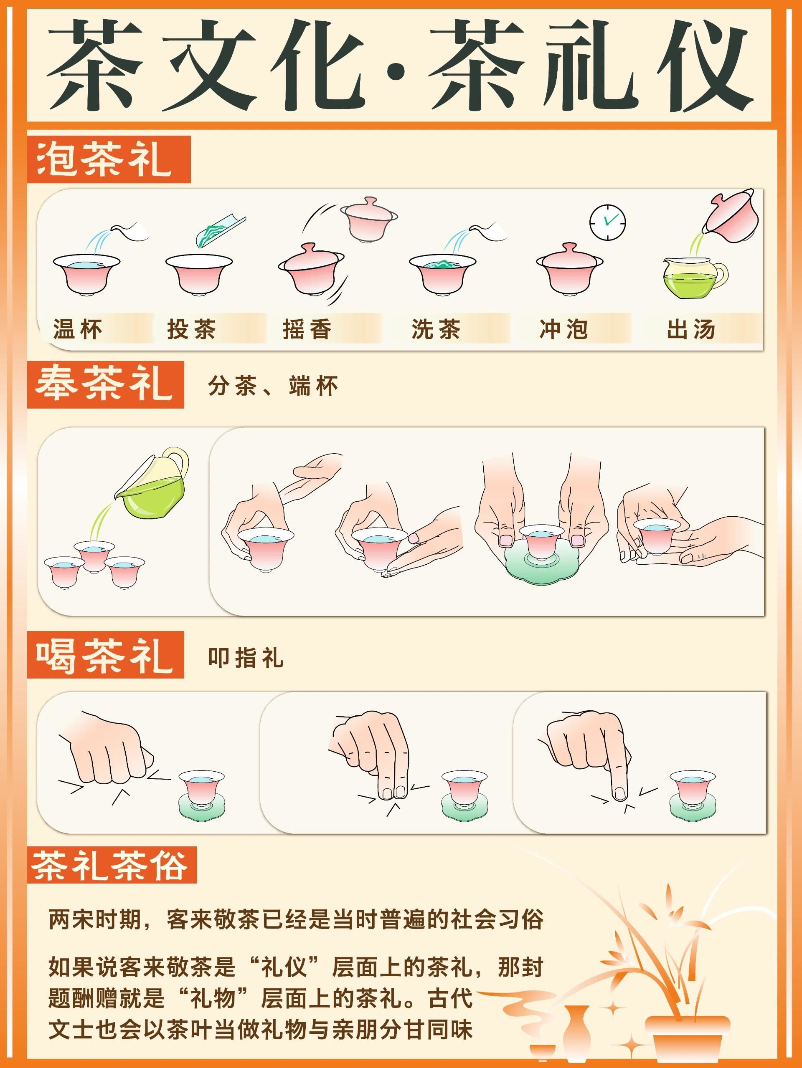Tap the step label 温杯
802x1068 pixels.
77,329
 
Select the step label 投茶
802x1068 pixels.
191,329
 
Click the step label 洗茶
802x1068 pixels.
436,329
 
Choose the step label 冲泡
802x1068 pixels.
563,329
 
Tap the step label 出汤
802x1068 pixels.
691,329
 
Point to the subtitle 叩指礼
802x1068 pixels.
246,658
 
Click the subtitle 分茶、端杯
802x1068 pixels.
273,386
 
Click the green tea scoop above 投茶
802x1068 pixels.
220,232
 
